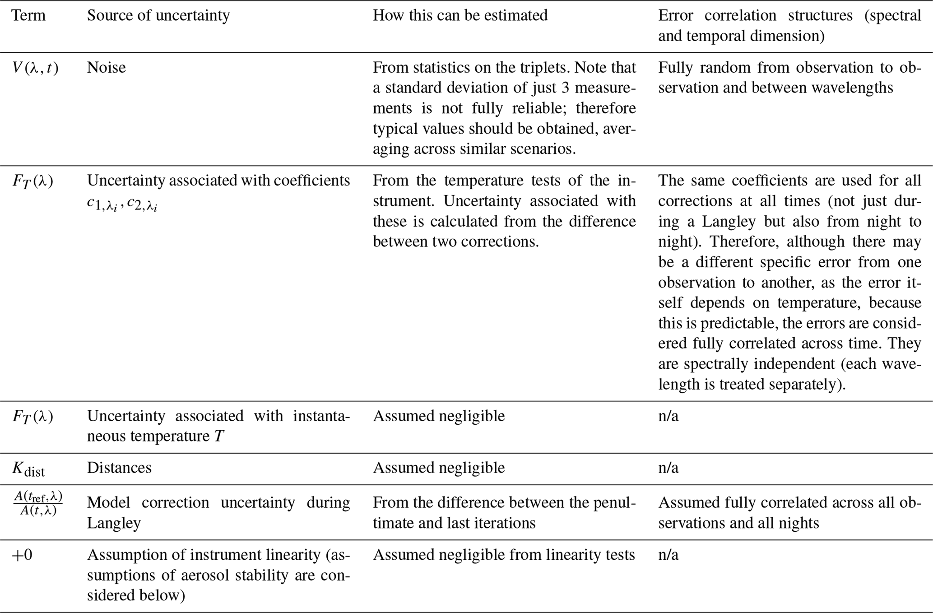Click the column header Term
tap(28, 16)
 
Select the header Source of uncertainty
tap(158, 16)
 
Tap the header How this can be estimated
tap(460, 16)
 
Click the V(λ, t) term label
tap(35, 68)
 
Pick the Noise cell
tap(106, 68)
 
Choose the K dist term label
tap(28, 469)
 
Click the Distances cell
tap(119, 468)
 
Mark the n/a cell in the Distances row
tap(668, 468)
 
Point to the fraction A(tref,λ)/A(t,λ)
tap(38, 504)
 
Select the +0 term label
tap(22, 555)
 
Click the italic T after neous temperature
tap(219, 437)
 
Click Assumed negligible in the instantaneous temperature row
tap(438, 416)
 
